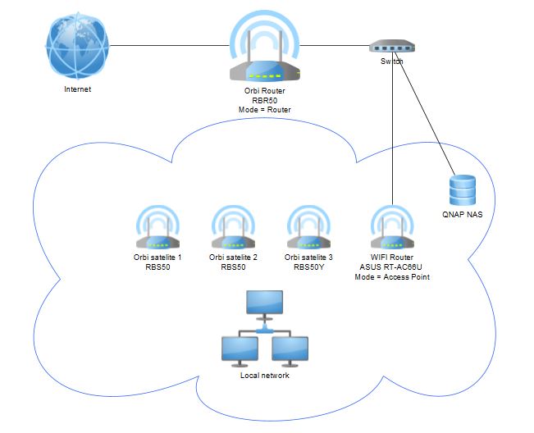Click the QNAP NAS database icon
(462, 190)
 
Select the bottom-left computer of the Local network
(240, 350)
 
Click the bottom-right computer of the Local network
(290, 350)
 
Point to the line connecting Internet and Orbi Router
(164, 44)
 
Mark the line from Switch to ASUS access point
(394, 131)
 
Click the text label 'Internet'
(77, 89)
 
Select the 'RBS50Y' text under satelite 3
(311, 267)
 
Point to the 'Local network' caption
(264, 376)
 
